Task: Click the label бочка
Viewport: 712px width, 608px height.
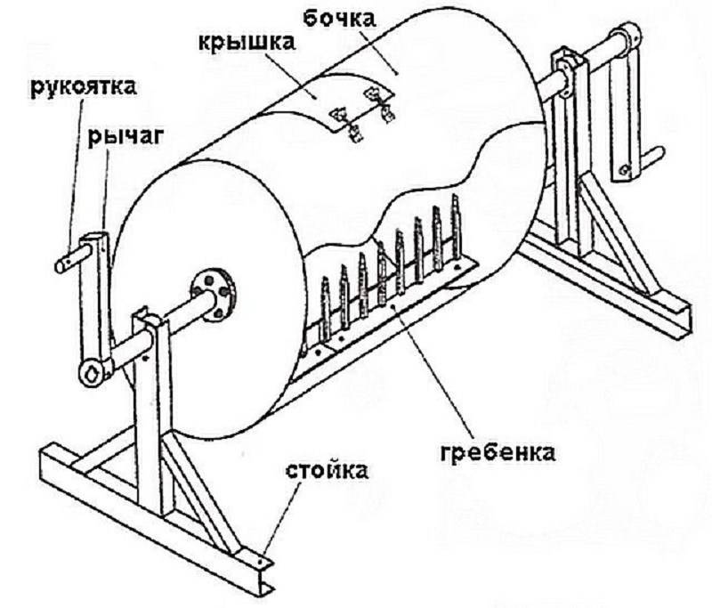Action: point(339,19)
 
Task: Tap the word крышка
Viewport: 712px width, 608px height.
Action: point(247,42)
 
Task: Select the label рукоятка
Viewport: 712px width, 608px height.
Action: point(84,87)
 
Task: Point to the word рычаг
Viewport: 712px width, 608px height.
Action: point(125,136)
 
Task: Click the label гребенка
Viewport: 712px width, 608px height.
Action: point(498,452)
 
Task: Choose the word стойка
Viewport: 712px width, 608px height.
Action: point(327,471)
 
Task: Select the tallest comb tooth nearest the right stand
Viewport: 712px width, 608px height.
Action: point(456,227)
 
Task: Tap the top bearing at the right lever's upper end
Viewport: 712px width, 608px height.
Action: point(626,35)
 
